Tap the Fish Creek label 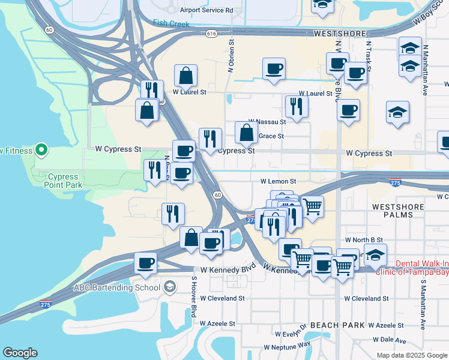(171, 24)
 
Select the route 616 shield (210, 34)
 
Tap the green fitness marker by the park (41, 149)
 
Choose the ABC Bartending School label (116, 287)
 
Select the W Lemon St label (278, 181)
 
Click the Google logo (20, 353)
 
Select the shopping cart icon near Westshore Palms (313, 207)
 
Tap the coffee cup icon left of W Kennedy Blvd (145, 263)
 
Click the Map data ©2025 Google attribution (411, 355)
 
